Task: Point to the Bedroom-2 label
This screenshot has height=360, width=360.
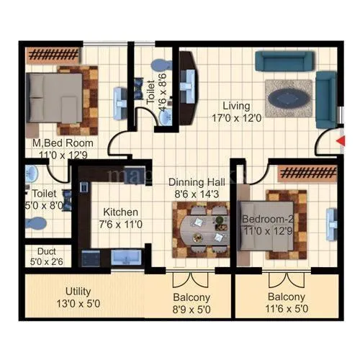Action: [265, 218]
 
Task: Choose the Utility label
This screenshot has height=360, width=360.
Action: [78, 292]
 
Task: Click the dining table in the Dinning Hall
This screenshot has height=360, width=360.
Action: [197, 228]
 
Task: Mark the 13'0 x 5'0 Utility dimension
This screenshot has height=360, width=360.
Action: [78, 303]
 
